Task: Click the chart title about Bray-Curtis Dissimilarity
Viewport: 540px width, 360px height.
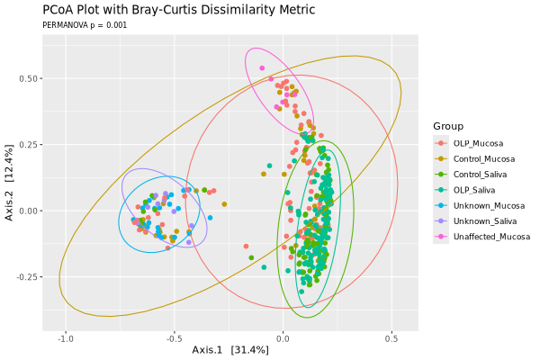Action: click(179, 10)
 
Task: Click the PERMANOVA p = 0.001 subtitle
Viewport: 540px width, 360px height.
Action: click(85, 25)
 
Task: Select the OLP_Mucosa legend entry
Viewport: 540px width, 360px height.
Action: click(478, 143)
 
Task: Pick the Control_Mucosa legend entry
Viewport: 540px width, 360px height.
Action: click(482, 158)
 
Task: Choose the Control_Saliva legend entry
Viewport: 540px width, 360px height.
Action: click(480, 175)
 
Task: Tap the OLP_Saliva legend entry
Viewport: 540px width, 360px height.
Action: click(475, 190)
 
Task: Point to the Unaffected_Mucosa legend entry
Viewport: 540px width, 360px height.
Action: click(491, 237)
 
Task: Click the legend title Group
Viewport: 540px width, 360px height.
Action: click(448, 125)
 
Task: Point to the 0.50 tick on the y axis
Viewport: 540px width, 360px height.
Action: click(27, 79)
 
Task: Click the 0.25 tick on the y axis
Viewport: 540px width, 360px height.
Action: click(27, 145)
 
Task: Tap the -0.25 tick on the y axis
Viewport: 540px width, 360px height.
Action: click(25, 276)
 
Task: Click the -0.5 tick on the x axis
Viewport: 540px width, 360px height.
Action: click(175, 338)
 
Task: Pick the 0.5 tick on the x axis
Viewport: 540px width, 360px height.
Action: click(391, 338)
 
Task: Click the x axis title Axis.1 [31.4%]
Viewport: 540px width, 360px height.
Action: click(230, 350)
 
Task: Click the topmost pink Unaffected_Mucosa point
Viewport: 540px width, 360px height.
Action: click(262, 67)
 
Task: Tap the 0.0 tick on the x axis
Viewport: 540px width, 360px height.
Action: click(283, 338)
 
